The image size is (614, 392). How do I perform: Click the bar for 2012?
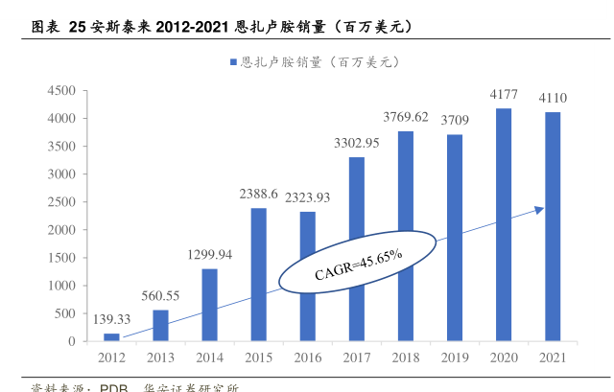point(111,337)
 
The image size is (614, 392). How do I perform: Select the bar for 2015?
point(258,274)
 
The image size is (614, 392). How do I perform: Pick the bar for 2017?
point(356,249)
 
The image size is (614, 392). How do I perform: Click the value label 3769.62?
point(406,117)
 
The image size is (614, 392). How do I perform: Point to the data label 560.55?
point(160,296)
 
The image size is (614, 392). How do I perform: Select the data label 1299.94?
point(209,255)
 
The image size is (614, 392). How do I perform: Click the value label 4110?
point(553,98)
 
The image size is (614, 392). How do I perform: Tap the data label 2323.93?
point(307,197)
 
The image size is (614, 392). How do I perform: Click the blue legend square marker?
point(233,62)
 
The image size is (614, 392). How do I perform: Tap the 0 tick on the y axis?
point(71,341)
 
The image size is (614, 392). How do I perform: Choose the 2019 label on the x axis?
point(455,357)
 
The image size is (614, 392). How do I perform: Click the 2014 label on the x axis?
point(209,357)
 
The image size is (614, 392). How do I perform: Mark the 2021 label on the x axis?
point(553,357)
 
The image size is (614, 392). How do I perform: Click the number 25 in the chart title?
point(77,27)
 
